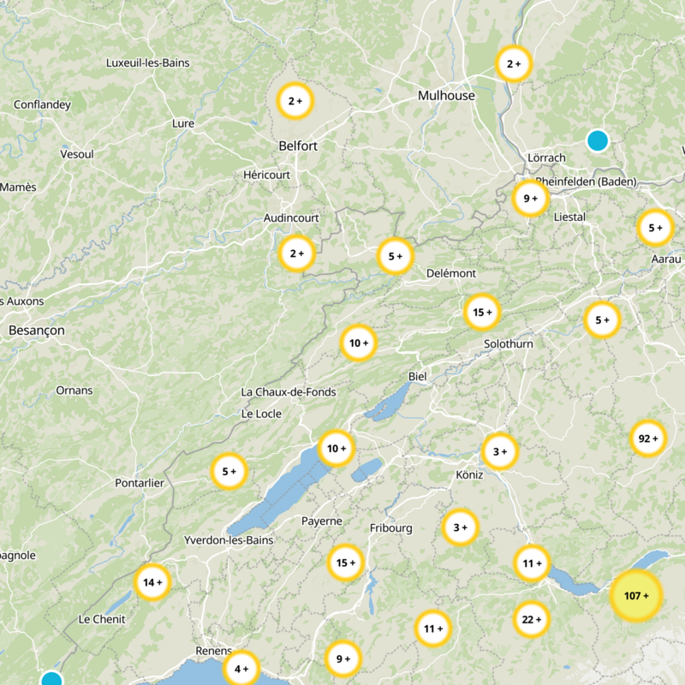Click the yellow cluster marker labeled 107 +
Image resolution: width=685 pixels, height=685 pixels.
(x=636, y=595)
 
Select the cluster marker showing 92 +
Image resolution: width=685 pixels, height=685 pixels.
(x=647, y=439)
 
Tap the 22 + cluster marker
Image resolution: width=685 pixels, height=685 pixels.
(x=531, y=619)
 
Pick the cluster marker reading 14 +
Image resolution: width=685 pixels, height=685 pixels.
(x=152, y=582)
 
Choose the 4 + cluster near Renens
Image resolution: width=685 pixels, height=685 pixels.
(x=241, y=668)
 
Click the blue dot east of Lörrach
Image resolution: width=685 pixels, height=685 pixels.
(x=597, y=140)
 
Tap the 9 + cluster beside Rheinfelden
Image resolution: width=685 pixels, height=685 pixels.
(x=530, y=199)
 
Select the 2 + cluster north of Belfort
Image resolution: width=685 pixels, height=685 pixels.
(x=295, y=101)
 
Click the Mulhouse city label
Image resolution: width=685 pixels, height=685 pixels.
(x=446, y=96)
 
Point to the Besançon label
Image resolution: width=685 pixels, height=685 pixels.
(x=36, y=330)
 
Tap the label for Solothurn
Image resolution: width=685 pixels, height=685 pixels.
(x=508, y=343)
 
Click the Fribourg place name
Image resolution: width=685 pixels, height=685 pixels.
(x=391, y=528)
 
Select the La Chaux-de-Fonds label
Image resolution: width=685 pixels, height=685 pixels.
(x=289, y=392)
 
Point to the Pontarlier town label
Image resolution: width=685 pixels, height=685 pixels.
(x=140, y=483)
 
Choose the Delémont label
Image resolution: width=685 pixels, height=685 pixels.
(x=451, y=273)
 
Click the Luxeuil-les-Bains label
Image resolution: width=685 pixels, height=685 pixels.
(x=147, y=63)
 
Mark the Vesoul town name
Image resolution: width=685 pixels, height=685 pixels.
(x=77, y=154)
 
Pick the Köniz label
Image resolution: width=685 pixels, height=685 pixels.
(x=469, y=474)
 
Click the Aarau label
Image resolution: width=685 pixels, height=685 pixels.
(x=665, y=259)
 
